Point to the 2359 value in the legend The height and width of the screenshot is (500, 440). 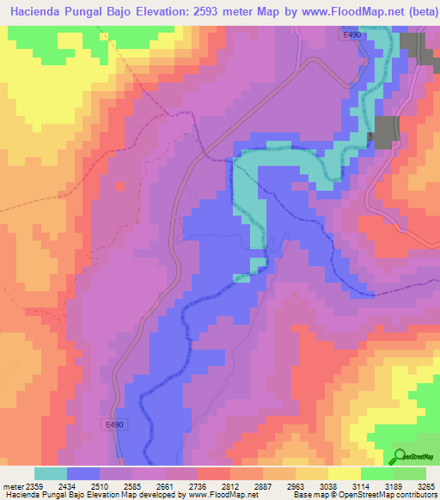[x=34, y=487]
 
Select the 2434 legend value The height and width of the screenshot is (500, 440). [x=67, y=487]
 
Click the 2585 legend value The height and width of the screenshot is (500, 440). [x=132, y=487]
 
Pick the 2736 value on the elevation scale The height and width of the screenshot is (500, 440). [x=198, y=487]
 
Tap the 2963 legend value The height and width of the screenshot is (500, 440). [x=295, y=487]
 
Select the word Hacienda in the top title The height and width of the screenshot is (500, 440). [x=39, y=12]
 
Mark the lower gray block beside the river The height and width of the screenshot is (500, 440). [x=384, y=131]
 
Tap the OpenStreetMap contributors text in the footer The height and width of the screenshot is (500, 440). [x=389, y=496]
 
